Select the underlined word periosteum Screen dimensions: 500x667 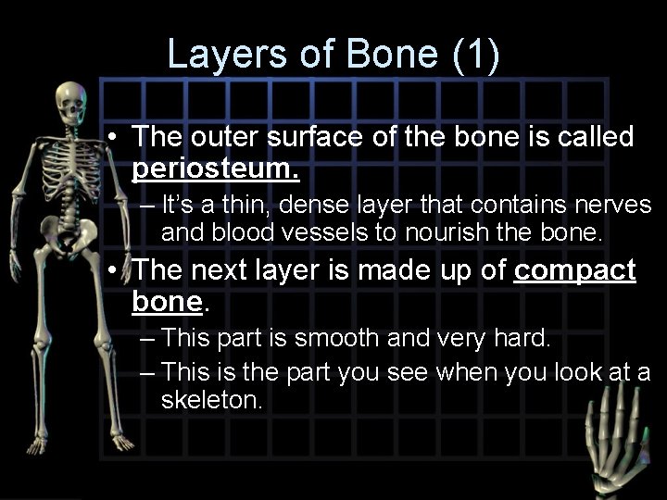215,170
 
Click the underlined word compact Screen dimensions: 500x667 574,270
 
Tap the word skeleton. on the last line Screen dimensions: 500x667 212,400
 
